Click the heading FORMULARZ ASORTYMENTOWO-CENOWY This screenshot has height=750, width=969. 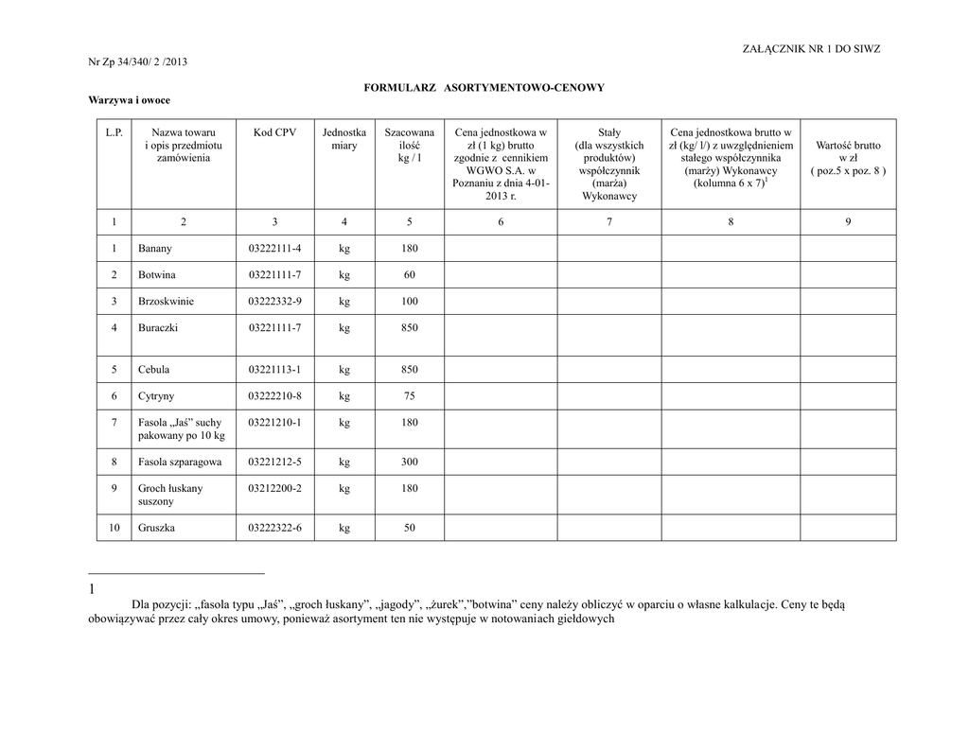[484, 87]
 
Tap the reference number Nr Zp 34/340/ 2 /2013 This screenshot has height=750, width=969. [138, 62]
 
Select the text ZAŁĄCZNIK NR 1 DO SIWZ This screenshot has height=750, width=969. [812, 49]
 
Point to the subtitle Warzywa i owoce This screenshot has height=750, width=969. [130, 99]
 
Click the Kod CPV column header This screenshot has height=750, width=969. [274, 133]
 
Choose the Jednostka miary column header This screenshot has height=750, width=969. [344, 140]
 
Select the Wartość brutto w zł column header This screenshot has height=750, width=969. [848, 158]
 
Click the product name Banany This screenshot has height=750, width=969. [155, 249]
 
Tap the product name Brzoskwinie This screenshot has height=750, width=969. [166, 302]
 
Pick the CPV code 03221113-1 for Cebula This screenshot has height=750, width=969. [274, 370]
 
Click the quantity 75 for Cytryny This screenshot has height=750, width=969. [409, 396]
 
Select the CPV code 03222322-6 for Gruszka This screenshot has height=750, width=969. [274, 528]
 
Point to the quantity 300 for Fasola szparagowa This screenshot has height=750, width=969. [409, 462]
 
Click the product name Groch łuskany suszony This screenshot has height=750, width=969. [170, 495]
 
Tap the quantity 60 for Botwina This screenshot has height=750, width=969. [409, 275]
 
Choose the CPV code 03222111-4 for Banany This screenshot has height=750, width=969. [274, 249]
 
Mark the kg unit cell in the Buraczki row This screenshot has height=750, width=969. [344, 328]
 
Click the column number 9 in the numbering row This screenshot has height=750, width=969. [848, 221]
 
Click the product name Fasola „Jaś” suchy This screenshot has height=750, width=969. [180, 423]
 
